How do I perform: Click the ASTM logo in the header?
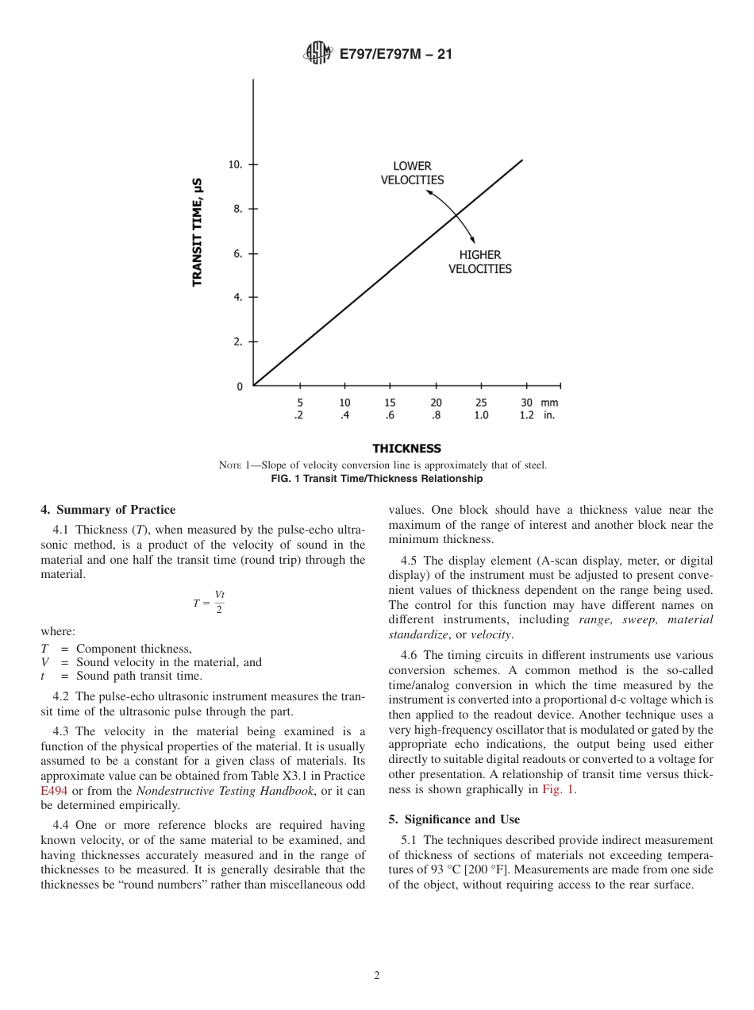coord(318,54)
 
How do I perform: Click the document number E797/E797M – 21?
coord(395,54)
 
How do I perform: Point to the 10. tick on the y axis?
coord(236,164)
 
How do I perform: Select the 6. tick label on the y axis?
coord(237,254)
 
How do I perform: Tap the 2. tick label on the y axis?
coord(237,342)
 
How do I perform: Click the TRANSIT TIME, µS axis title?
coord(198,232)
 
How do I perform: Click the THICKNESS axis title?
coord(406,449)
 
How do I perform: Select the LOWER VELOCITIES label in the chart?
coord(412,173)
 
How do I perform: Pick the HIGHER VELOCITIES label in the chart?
coord(480,262)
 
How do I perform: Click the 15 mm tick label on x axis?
coord(390,403)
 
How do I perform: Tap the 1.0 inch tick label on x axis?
coord(481,415)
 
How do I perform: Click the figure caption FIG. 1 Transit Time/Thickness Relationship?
coord(377,479)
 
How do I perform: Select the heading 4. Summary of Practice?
coord(108,510)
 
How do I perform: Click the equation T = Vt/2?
coord(209,602)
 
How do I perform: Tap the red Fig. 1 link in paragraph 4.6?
coord(559,789)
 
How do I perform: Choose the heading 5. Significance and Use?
coord(454,819)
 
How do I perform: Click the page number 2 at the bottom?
coord(377,976)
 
